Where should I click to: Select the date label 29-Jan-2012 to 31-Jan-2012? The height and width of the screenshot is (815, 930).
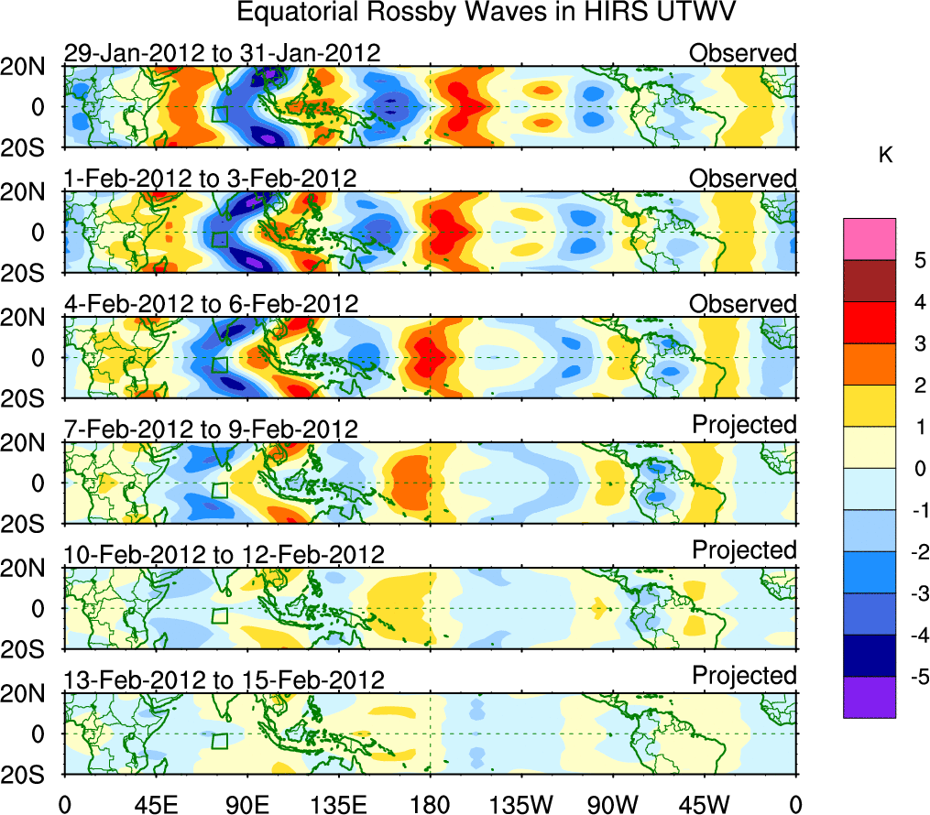pos(222,53)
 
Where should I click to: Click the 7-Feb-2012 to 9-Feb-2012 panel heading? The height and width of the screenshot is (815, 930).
pos(211,429)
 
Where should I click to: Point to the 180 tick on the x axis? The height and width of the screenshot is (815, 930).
pos(429,804)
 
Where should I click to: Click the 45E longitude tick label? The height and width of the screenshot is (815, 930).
pos(154,804)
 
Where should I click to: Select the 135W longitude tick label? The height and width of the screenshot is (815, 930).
pos(520,804)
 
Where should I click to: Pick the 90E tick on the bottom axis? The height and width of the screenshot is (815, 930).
pos(246,804)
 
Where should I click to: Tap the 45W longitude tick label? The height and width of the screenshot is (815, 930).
pos(704,804)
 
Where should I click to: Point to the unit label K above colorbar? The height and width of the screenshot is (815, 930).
pos(885,157)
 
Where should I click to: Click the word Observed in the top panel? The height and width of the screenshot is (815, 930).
pos(743,53)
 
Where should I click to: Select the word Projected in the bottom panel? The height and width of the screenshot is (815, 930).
pos(744,676)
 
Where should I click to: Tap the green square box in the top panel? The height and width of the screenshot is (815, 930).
pos(219,114)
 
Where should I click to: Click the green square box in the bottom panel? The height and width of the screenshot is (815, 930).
pos(219,741)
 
